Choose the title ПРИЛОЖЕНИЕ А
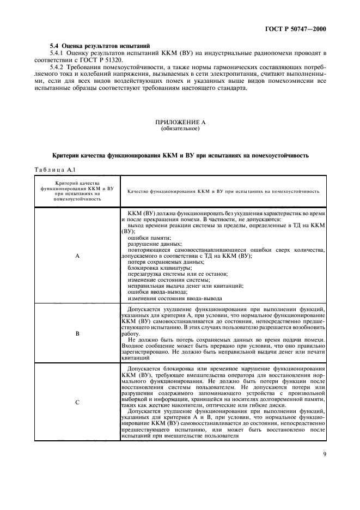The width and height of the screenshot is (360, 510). pyautogui.click(x=180, y=123)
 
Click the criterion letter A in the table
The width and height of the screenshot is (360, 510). pyautogui.click(x=77, y=254)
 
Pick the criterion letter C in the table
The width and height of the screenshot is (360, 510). pyautogui.click(x=77, y=402)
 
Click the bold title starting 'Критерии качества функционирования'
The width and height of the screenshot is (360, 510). pyautogui.click(x=180, y=155)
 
